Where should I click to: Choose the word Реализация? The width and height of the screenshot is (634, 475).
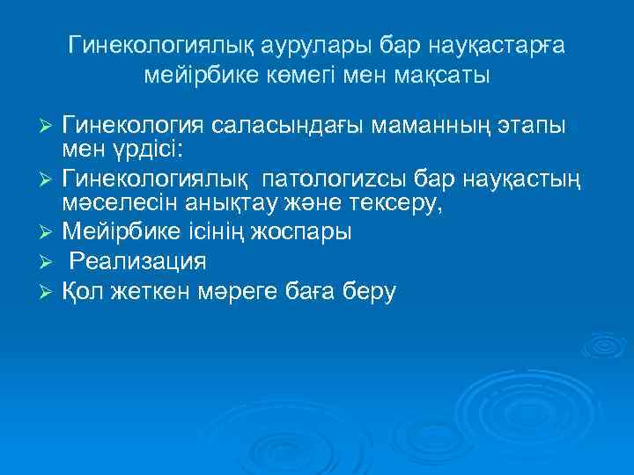click(x=137, y=262)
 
